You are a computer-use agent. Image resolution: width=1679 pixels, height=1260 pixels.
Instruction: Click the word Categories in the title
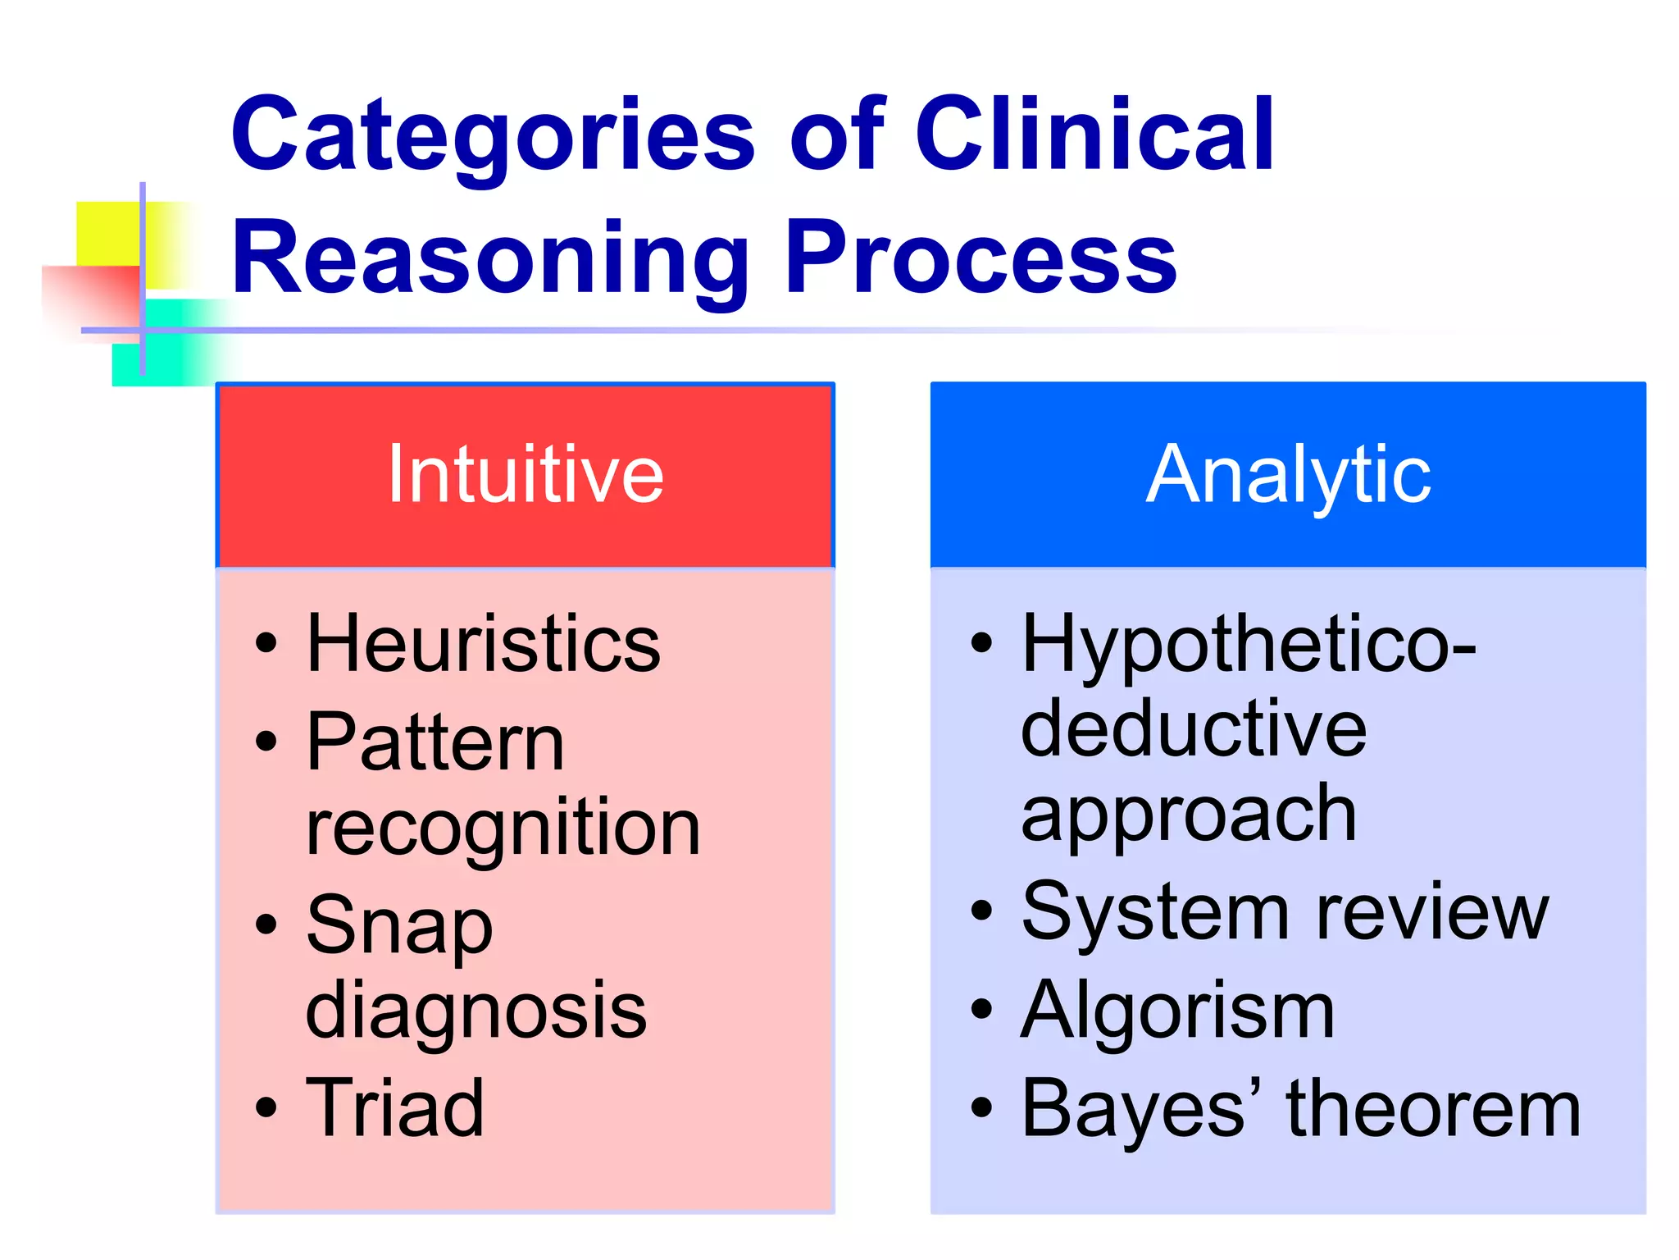(x=492, y=135)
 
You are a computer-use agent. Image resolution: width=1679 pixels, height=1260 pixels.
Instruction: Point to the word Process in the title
(x=981, y=258)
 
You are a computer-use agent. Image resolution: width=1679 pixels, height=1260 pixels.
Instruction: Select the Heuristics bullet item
(x=483, y=644)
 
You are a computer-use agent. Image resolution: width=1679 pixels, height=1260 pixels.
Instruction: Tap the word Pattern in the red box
(x=435, y=742)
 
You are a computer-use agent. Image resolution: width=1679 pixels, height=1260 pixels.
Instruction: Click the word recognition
(x=503, y=829)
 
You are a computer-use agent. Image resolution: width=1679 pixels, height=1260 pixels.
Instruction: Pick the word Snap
(x=399, y=927)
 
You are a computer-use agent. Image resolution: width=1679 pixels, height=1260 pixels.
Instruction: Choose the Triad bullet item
(x=394, y=1107)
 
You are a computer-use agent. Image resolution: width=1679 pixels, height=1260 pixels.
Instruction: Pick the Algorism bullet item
(x=1177, y=1011)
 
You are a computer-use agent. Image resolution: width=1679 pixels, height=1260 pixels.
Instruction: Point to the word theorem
(x=1434, y=1109)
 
